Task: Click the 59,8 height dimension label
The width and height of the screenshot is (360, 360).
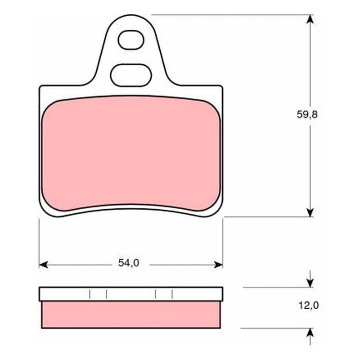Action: tap(307, 114)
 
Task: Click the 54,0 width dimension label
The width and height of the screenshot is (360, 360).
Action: tap(129, 263)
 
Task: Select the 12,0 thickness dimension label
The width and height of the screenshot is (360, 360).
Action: tap(309, 306)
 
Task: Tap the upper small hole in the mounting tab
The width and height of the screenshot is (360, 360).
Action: tap(131, 40)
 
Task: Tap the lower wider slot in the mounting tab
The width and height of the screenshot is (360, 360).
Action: tap(131, 75)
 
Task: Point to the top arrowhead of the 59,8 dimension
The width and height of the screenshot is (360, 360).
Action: tap(310, 19)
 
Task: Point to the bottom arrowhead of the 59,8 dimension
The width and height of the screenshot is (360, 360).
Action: tap(310, 212)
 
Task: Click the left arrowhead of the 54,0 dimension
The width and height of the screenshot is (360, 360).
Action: tap(43, 265)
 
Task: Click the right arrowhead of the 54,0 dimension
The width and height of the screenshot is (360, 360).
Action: tap(218, 265)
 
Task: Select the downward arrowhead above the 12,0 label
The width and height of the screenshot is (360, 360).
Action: tap(310, 283)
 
